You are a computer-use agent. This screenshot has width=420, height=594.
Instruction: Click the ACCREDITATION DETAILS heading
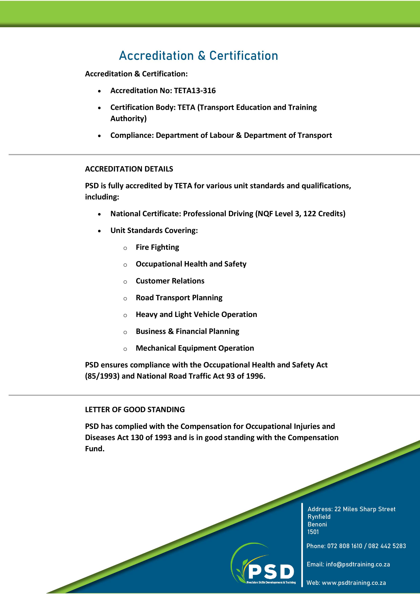click(129, 169)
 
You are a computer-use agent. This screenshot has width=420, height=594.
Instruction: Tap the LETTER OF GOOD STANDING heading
click(135, 410)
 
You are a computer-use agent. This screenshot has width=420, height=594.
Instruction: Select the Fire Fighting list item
click(157, 247)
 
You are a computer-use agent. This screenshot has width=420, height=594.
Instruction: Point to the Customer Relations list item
click(170, 281)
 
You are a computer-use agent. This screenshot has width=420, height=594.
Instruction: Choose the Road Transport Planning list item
click(179, 298)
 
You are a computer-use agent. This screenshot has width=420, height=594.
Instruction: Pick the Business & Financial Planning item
click(187, 331)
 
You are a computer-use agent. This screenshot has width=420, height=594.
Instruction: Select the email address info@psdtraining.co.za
click(358, 564)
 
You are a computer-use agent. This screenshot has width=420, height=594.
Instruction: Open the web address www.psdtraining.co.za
click(354, 583)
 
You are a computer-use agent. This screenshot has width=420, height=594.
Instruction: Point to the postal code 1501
click(313, 532)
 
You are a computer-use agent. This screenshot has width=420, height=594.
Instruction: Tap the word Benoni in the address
click(317, 524)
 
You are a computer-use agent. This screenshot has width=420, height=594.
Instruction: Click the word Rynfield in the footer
click(319, 517)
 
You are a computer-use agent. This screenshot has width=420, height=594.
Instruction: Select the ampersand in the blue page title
click(202, 56)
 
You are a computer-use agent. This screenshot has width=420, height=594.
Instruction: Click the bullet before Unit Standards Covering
click(99, 231)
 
